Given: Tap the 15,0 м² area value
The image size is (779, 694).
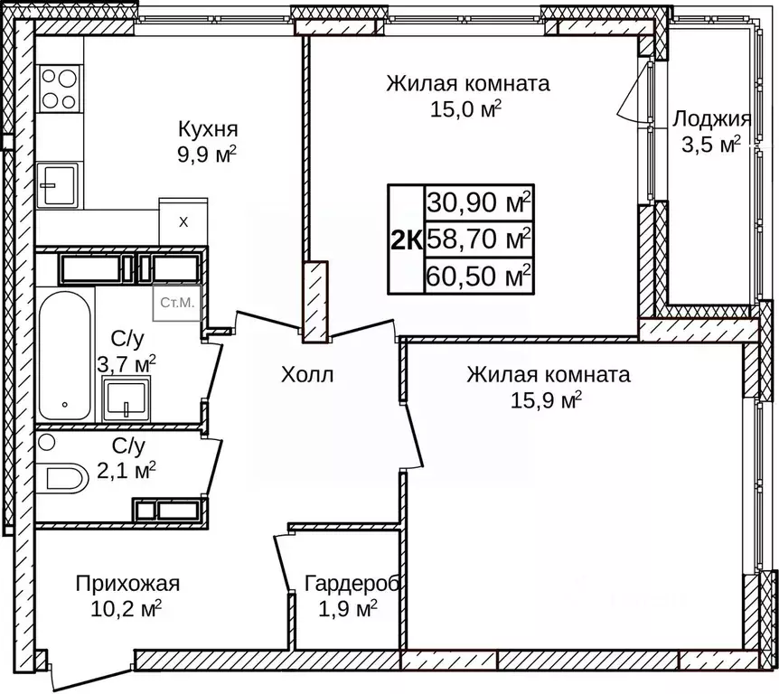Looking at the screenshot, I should point(467,110).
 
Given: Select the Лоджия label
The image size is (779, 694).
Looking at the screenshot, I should point(711,120).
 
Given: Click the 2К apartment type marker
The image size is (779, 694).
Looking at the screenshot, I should point(406,239).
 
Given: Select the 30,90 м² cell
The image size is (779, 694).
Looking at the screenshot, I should point(479,202).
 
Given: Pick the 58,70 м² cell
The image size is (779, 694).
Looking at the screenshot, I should point(479,239).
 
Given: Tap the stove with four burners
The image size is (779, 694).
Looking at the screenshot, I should point(58,89).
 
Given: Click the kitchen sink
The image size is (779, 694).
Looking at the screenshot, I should point(57,185).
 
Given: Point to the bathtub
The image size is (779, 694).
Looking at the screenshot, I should point(64,355).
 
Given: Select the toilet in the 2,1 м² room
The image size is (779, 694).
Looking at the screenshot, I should point(63,477).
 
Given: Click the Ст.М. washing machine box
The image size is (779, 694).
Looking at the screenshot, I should point(177,303).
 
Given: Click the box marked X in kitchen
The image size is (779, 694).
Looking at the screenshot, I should point(183,220).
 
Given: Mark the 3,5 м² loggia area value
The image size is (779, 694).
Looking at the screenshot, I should point(710,145).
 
